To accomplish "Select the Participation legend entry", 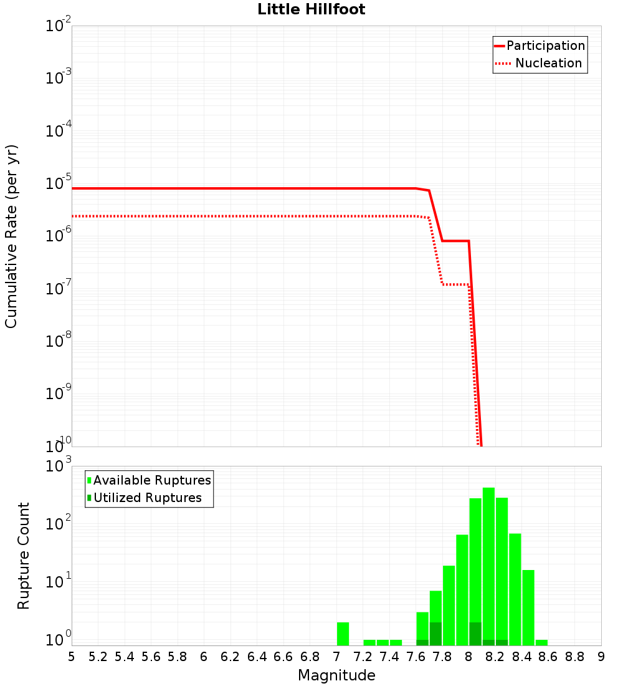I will [540, 46].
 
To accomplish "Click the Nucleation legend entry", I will [540, 63].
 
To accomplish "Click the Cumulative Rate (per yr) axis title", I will [11, 236].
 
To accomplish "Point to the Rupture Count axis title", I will [24, 556].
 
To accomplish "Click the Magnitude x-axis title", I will [336, 675].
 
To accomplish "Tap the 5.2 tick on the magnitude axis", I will [98, 657].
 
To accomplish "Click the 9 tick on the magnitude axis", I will [601, 657].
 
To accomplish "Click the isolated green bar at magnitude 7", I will [343, 634].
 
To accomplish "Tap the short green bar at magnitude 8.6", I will [541, 642].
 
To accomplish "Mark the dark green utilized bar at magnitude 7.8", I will [435, 634].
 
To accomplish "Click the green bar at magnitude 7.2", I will [369, 642].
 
